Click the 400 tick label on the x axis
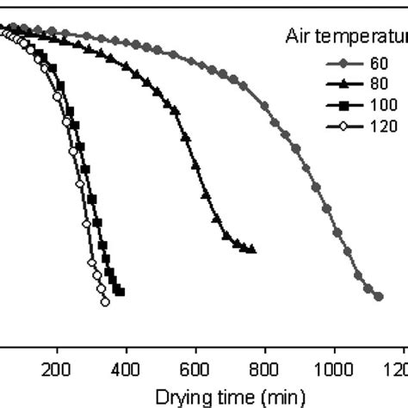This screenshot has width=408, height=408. [127, 364]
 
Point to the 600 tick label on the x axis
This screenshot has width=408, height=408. [195, 364]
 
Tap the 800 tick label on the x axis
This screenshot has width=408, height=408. [265, 364]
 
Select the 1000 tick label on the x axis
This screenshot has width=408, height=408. [334, 364]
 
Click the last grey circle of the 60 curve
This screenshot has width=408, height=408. [379, 297]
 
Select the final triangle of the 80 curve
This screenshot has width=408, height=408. [252, 250]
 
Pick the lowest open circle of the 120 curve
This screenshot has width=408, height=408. [105, 302]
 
